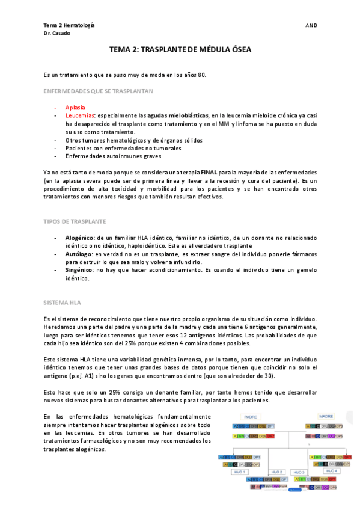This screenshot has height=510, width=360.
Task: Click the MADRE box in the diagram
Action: pos(326,416)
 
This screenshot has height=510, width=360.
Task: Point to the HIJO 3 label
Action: pos(299,472)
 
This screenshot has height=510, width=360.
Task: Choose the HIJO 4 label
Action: pos(332,471)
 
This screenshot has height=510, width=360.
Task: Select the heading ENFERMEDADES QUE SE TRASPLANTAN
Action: pos(98,91)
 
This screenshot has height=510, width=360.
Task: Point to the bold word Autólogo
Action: pos(79,254)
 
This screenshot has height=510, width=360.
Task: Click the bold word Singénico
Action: pos(79,271)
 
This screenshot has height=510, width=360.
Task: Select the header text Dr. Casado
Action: pos(57,34)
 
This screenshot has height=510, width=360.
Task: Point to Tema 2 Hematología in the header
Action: pos(69,25)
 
